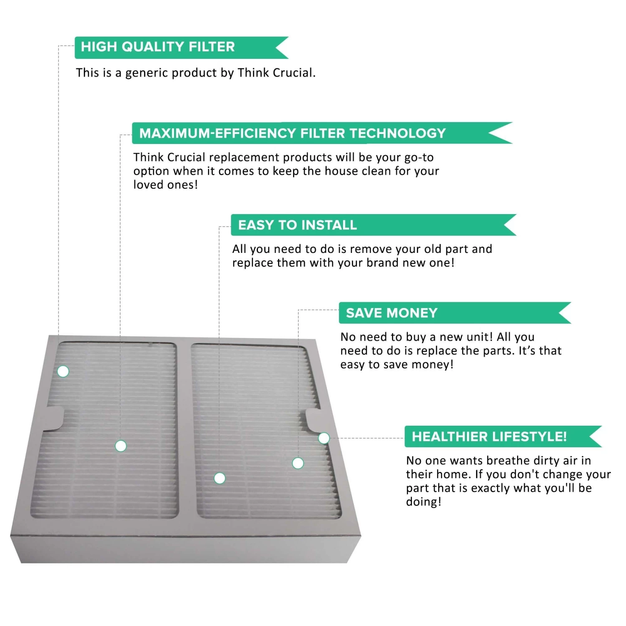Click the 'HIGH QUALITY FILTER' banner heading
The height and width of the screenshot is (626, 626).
click(158, 47)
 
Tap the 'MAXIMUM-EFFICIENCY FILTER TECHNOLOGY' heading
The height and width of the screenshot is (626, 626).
click(292, 133)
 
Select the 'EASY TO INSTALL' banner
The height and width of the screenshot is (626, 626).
click(297, 225)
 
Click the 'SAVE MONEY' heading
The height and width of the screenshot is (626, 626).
click(391, 313)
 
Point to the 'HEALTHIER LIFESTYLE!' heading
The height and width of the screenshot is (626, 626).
click(489, 437)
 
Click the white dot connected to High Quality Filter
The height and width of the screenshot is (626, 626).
click(63, 371)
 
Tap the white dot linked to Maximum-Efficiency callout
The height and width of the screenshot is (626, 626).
click(121, 446)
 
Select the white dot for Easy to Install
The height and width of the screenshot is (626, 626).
click(220, 478)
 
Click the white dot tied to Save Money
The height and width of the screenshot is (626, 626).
click(298, 463)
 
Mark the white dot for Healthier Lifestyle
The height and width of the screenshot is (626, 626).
click(324, 438)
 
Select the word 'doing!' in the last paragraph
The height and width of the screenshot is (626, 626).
click(423, 502)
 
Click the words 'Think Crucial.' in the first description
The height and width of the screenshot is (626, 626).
click(276, 73)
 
